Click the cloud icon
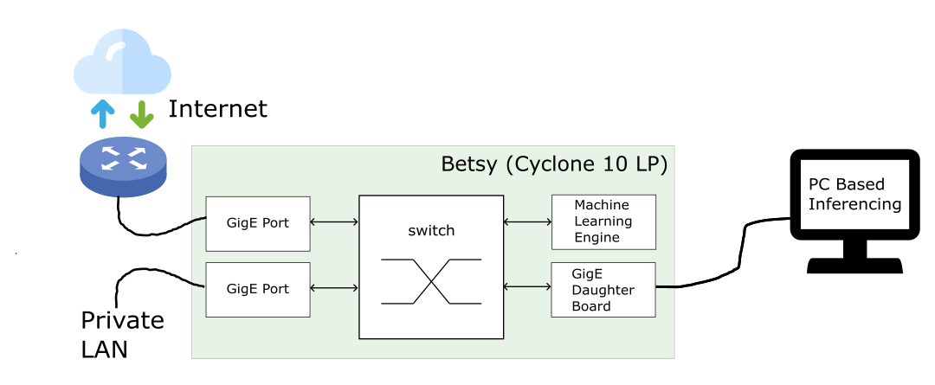coord(121,62)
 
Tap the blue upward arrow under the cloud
coord(102,112)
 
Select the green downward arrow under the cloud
coord(141,112)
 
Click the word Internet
coord(217,109)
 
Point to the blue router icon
coord(121,165)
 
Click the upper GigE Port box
coord(257,223)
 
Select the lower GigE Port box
coord(257,289)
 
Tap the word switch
coord(430,231)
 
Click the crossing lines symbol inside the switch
coord(430,281)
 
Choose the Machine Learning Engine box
coord(603,221)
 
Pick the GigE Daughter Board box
coord(603,289)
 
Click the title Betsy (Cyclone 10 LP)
coord(554,164)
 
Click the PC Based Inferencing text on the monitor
coord(854,195)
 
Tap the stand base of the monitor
coord(854,265)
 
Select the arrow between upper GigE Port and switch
coord(334,223)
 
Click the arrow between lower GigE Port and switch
coord(334,288)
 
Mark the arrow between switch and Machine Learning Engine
coord(527,222)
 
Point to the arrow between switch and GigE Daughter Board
coord(527,286)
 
